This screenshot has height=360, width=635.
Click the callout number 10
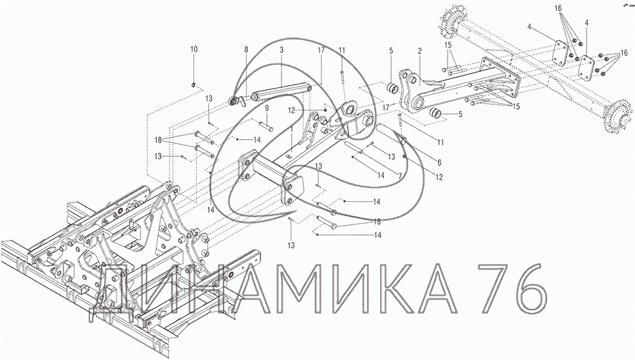click(194, 50)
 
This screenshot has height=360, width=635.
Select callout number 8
click(246, 50)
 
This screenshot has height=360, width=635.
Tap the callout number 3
click(281, 50)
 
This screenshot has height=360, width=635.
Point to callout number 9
click(267, 108)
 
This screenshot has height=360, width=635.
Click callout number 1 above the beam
click(291, 127)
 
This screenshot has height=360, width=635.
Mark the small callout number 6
click(439, 162)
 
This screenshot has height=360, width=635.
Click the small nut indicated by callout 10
click(193, 85)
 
